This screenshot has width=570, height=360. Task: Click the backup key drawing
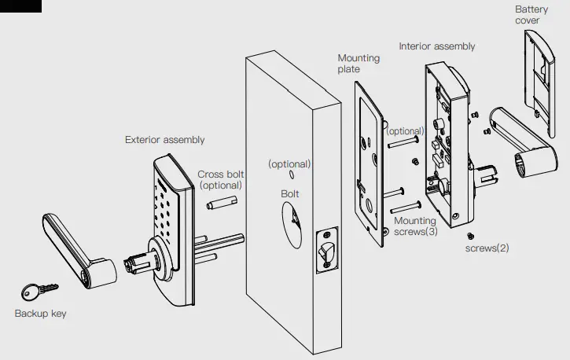click(x=34, y=292)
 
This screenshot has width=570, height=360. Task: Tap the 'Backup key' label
click(x=40, y=314)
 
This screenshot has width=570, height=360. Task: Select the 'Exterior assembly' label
click(x=164, y=140)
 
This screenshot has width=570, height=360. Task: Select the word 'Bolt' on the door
click(x=290, y=193)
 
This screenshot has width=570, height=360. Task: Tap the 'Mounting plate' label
click(x=359, y=64)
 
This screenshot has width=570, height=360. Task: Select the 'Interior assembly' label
click(x=436, y=46)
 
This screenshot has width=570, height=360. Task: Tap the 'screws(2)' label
click(x=487, y=248)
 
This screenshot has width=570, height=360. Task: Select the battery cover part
click(x=544, y=71)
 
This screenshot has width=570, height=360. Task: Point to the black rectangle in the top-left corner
click(x=20, y=6)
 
